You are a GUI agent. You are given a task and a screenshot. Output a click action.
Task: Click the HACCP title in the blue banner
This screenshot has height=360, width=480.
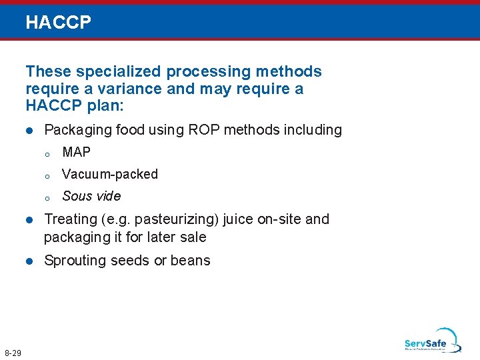coord(58,23)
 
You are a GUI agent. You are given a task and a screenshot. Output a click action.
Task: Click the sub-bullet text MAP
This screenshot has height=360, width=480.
coord(76,153)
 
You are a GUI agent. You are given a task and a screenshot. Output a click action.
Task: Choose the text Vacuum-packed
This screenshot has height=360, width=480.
coord(110,175)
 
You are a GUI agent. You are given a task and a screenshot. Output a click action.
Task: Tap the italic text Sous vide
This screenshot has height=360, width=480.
coord(91,196)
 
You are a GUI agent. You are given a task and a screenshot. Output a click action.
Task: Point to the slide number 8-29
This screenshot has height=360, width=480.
coord(13,352)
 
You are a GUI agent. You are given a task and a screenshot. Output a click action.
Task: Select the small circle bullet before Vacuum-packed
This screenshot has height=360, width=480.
coord(47,176)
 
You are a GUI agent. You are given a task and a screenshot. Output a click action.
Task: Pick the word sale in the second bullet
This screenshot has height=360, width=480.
coord(193,237)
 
